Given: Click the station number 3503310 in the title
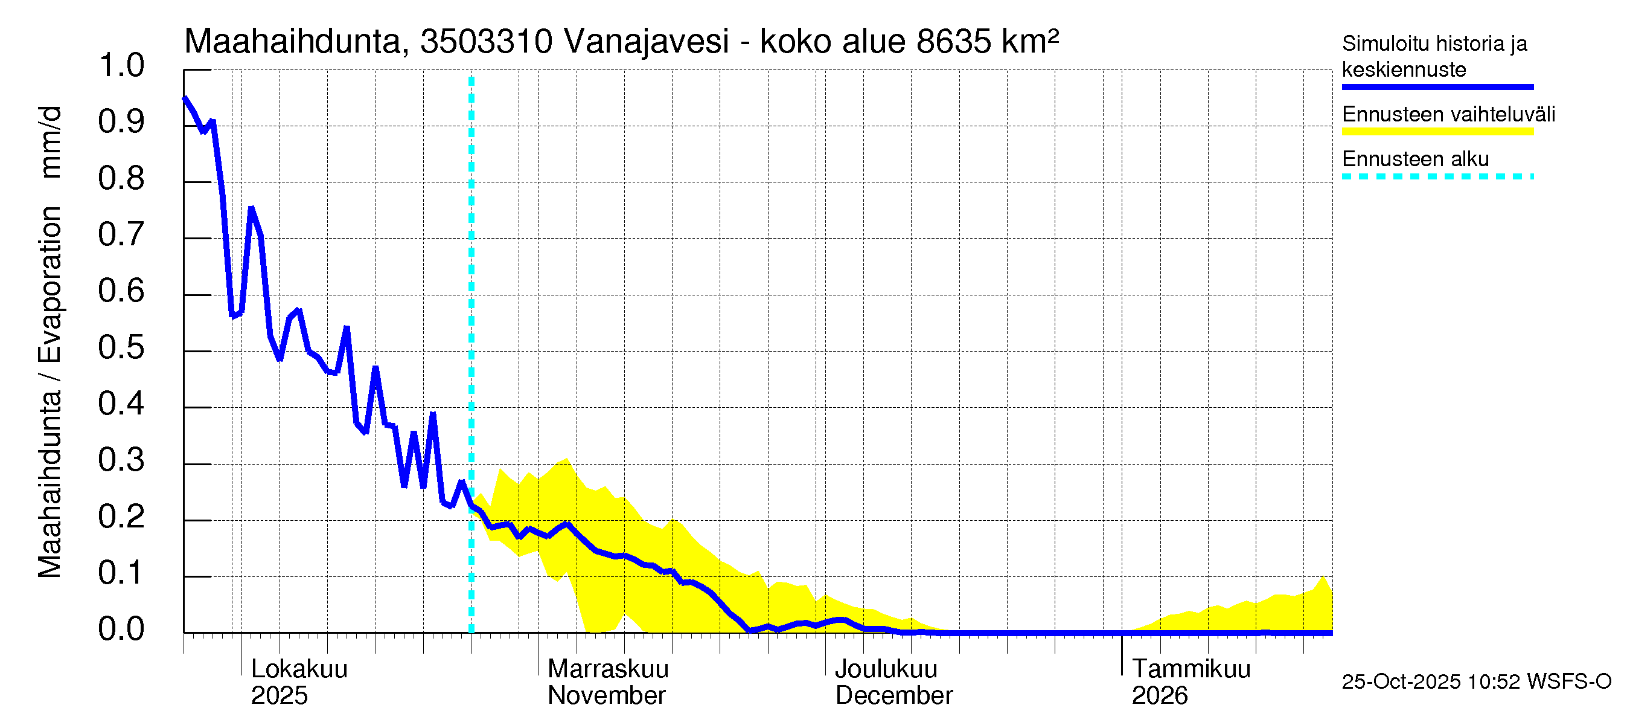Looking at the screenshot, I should tap(486, 42).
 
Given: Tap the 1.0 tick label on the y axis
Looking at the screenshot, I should tap(121, 66).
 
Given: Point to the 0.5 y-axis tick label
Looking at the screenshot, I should tap(121, 347).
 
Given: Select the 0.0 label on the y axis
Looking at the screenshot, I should tap(121, 630).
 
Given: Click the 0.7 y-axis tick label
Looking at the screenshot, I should tap(121, 235).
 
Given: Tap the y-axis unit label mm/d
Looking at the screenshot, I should tap(50, 143).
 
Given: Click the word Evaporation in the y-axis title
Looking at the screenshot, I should tap(50, 285).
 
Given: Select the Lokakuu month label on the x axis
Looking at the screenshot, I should tap(299, 669).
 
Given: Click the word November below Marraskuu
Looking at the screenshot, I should tap(606, 696).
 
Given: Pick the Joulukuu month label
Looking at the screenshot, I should tap(886, 669).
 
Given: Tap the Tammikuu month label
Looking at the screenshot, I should tap(1191, 669).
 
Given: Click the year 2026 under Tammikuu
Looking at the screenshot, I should tap(1159, 696).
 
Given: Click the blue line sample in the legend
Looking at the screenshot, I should tap(1437, 87).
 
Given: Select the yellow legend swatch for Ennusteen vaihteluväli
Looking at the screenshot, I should tap(1437, 132).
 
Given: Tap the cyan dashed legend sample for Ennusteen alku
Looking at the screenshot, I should tap(1437, 176).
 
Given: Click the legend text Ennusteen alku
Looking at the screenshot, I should tap(1416, 159).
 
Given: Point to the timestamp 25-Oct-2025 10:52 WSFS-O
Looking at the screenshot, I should tap(1476, 682).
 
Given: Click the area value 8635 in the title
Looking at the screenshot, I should tap(954, 42).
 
